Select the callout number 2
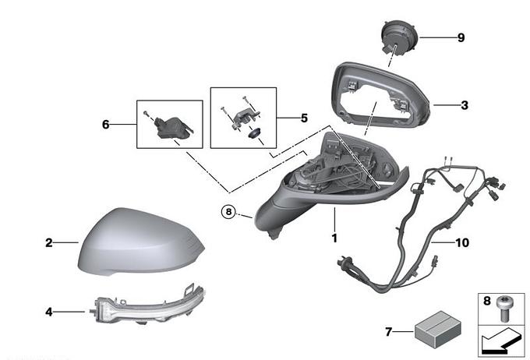pyautogui.click(x=48, y=243)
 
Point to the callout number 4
pyautogui.click(x=48, y=312)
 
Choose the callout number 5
pyautogui.click(x=304, y=118)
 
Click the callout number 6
pyautogui.click(x=107, y=123)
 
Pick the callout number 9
pyautogui.click(x=461, y=37)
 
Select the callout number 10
pyautogui.click(x=462, y=242)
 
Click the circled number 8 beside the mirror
pyautogui.click(x=228, y=210)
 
